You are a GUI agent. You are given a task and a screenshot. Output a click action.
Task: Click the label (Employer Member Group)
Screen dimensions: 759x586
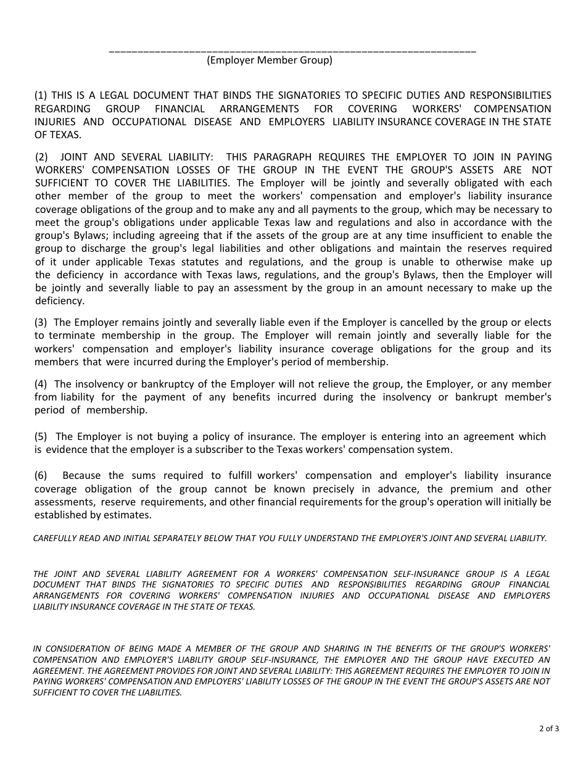tap(270, 60)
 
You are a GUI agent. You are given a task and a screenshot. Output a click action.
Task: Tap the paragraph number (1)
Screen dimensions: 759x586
tap(41, 95)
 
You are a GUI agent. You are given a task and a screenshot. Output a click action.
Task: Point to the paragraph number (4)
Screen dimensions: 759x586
tap(41, 384)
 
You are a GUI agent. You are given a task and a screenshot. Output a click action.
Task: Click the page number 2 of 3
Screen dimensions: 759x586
tap(549, 728)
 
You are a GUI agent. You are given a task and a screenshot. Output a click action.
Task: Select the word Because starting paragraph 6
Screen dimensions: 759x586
tap(81, 475)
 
